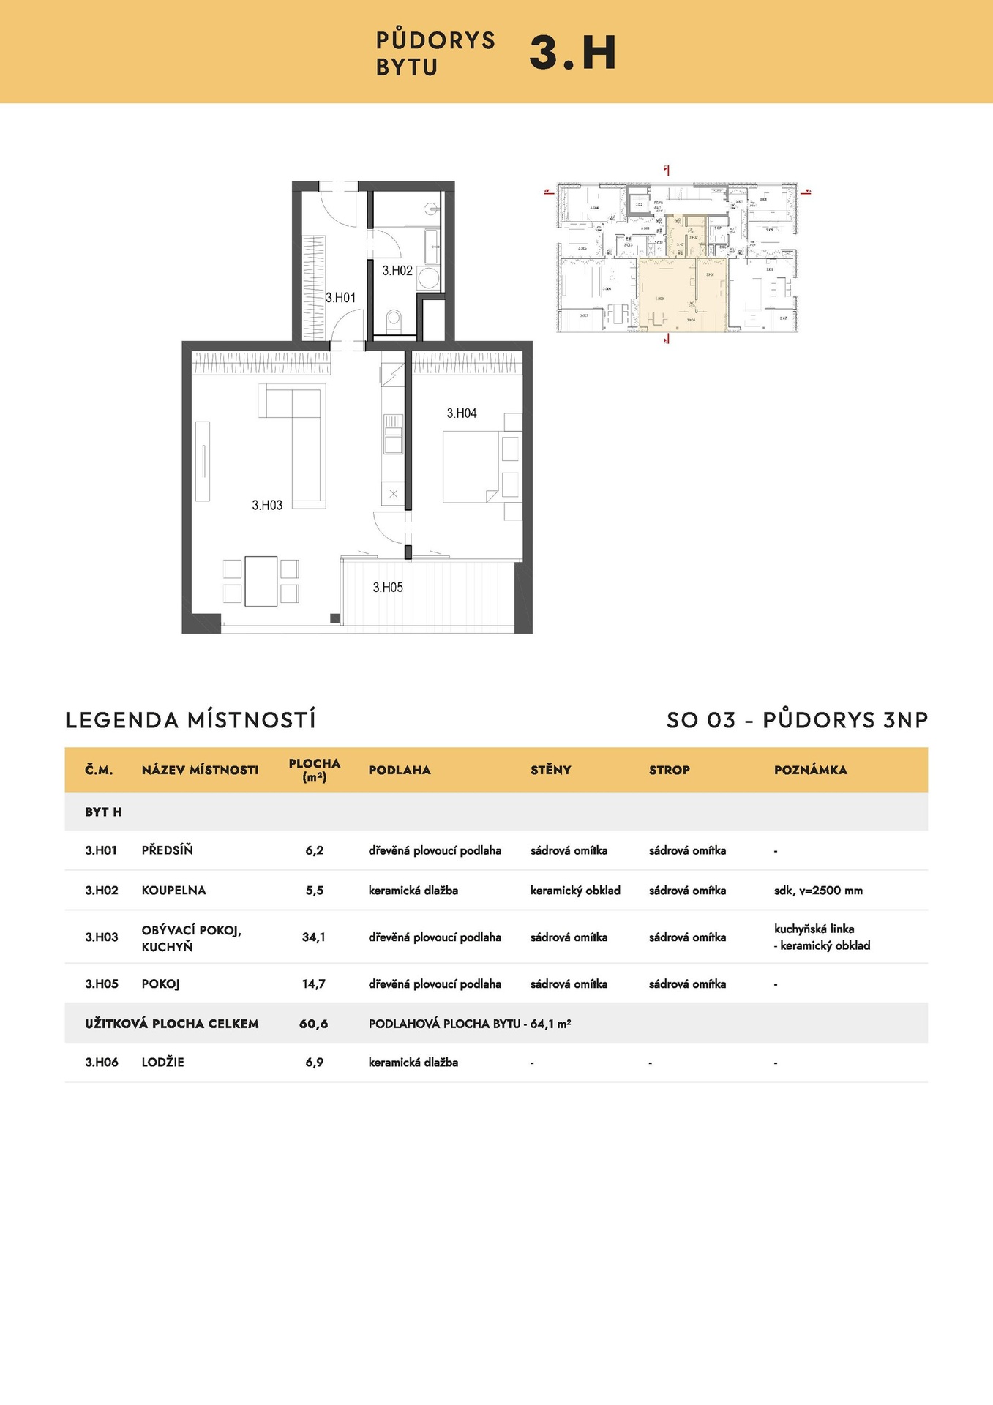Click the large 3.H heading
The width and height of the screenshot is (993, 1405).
[572, 53]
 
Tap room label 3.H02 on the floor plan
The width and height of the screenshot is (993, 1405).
[397, 271]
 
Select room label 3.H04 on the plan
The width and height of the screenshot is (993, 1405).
[462, 413]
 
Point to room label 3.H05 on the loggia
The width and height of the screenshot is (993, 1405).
[388, 588]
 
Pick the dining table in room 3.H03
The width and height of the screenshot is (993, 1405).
[261, 581]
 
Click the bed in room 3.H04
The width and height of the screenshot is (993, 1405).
[471, 466]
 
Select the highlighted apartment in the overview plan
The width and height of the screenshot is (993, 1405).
[682, 293]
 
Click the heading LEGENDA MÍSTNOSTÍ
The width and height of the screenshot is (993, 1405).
[190, 720]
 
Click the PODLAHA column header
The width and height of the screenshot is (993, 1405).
[400, 770]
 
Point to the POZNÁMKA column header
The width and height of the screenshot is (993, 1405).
[810, 770]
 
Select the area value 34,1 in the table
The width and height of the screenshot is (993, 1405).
[314, 937]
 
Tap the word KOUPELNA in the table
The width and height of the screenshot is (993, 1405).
[173, 891]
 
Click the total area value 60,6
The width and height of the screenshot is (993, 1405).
[314, 1024]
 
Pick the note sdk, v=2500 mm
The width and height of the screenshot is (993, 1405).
[818, 891]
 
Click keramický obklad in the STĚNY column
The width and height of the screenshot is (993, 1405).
[575, 891]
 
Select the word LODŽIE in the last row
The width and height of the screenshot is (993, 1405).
[162, 1063]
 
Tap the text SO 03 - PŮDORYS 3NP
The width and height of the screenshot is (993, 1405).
[797, 720]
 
